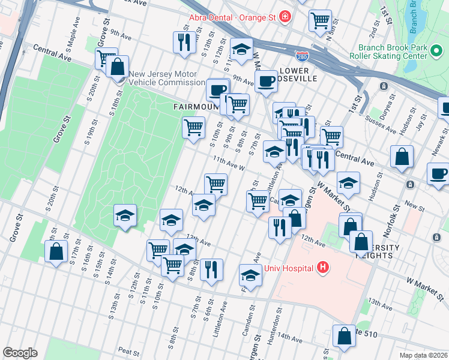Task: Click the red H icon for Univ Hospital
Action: [x=323, y=267]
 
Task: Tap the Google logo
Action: [x=20, y=353]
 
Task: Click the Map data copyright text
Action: [x=424, y=355]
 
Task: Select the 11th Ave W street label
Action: [x=228, y=163]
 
